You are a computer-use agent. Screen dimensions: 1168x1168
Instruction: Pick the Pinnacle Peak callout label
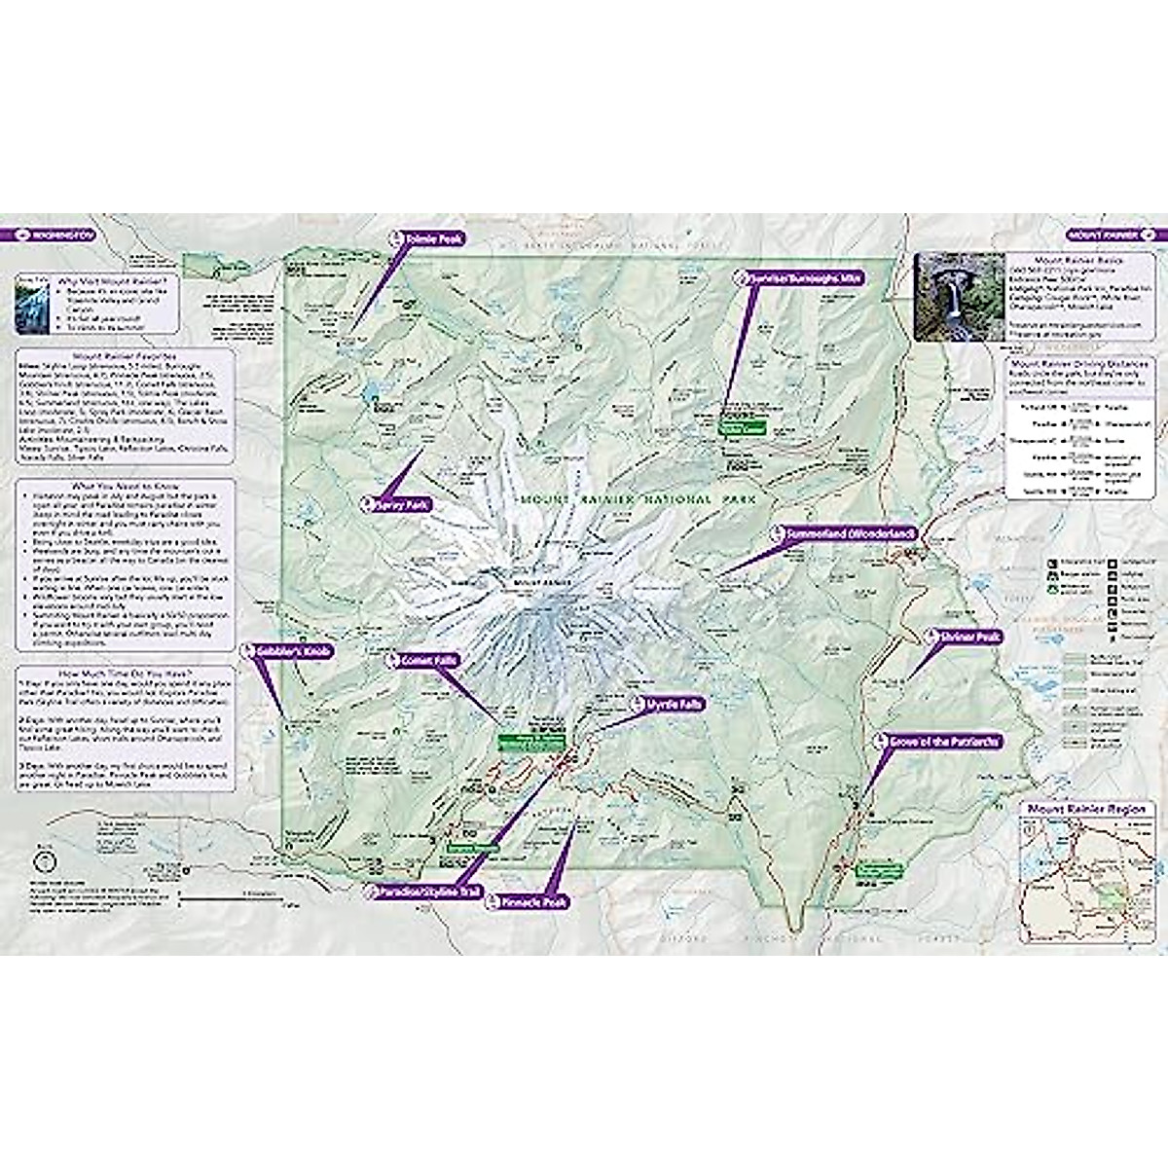coord(530,902)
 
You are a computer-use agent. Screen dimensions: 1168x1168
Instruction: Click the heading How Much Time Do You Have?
coord(126,673)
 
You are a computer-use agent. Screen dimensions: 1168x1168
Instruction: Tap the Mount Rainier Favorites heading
coord(124,357)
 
